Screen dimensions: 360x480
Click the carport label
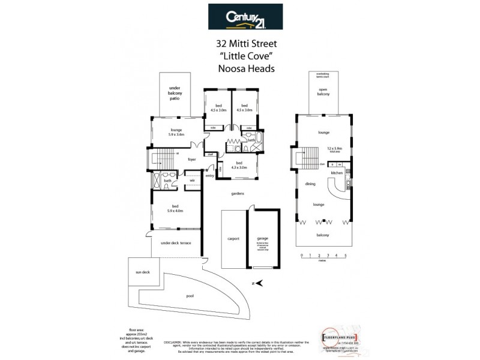pos(233,238)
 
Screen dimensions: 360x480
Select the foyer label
pos(192,160)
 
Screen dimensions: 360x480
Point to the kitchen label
pos(337,173)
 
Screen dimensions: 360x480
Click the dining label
pos(310,184)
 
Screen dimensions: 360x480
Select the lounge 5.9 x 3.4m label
pos(176,132)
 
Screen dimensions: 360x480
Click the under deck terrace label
pos(176,242)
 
